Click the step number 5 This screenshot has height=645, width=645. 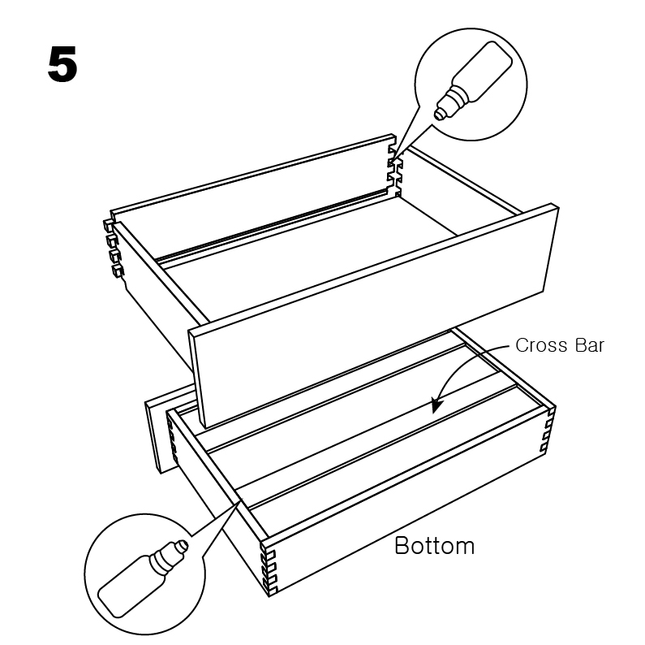coord(62,64)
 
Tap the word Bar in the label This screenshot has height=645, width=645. coord(590,345)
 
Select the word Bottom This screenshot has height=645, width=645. coord(434,546)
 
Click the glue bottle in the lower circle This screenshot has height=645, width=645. coord(143,578)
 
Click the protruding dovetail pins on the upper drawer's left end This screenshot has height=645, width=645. coord(114,247)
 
